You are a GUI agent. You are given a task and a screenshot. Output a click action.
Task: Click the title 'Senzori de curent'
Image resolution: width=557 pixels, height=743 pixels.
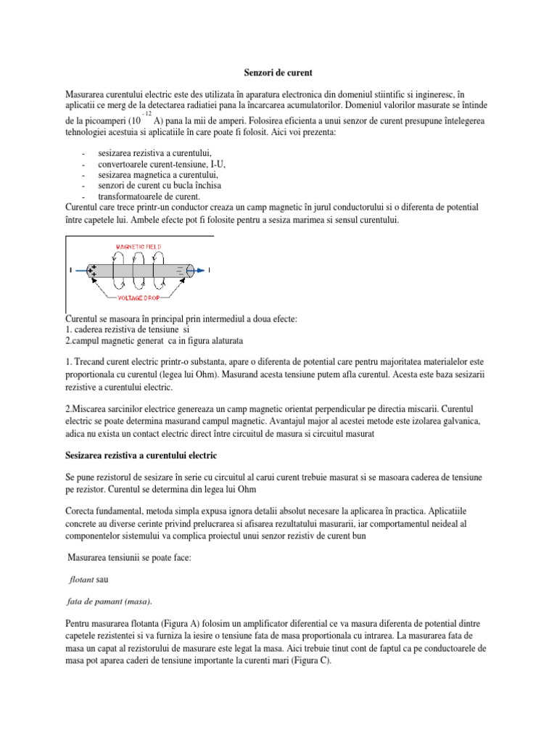(278, 73)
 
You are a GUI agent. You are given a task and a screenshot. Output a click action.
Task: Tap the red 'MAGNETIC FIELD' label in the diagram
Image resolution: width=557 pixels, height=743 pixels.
(139, 247)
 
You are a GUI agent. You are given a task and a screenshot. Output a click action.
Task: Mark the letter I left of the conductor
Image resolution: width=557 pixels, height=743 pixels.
(71, 271)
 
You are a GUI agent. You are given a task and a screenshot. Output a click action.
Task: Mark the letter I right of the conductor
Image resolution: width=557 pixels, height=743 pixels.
(209, 271)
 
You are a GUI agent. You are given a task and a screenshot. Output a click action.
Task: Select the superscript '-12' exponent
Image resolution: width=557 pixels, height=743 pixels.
(147, 114)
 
